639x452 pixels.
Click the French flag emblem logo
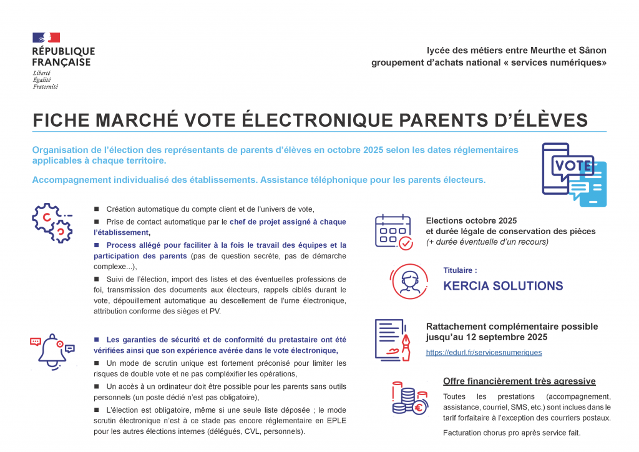[46, 37]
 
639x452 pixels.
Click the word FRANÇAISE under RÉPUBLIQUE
[62, 62]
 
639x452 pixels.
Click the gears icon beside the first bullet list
[52, 222]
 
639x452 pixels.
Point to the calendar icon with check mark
[393, 232]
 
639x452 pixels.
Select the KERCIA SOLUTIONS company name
[503, 286]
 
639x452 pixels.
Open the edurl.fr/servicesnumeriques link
[484, 352]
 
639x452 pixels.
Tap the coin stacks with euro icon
[409, 398]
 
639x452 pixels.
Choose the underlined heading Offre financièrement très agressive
[519, 381]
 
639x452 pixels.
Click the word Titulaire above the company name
[460, 271]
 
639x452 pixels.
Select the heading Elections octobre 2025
[472, 220]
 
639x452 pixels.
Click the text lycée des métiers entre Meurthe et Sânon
[516, 50]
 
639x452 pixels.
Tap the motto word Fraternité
[46, 87]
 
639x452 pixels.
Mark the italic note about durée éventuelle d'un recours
[487, 242]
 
